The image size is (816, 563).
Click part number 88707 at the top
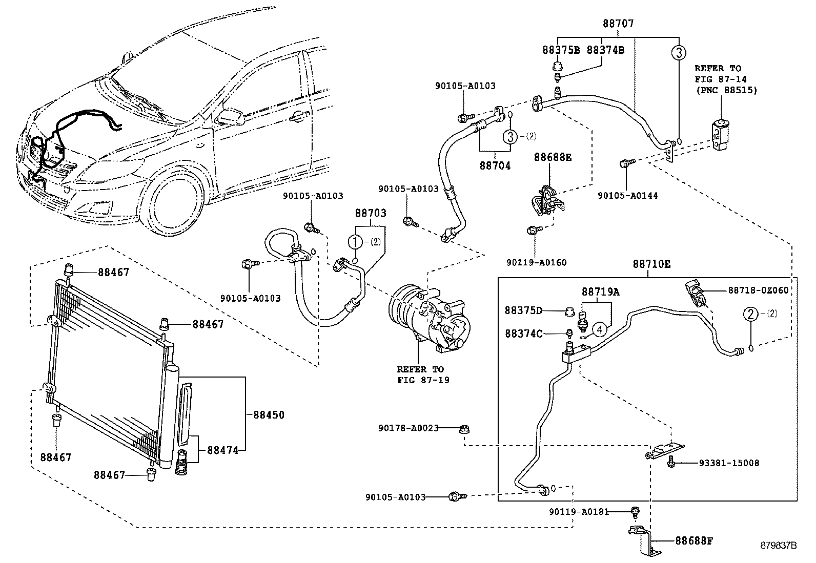click(x=618, y=24)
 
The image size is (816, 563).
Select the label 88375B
click(x=561, y=50)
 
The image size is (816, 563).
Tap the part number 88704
click(x=495, y=166)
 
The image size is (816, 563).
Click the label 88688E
click(x=553, y=157)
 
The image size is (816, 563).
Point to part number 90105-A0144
click(x=628, y=196)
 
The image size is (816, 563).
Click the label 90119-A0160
click(x=537, y=263)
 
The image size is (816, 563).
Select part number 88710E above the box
click(x=651, y=264)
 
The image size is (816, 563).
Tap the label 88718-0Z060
click(x=758, y=290)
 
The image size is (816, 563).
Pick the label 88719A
click(x=600, y=292)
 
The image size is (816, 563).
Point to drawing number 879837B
click(x=779, y=546)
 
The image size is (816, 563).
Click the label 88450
click(x=269, y=415)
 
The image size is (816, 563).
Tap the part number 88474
click(x=223, y=450)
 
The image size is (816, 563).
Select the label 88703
click(x=371, y=213)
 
